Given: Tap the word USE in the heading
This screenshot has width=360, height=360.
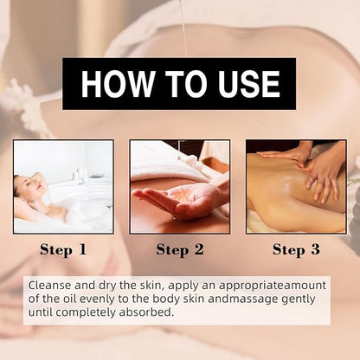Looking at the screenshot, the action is coord(249,83).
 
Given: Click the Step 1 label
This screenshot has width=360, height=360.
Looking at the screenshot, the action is coord(63,250).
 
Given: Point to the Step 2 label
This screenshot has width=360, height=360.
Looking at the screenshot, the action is coord(180,250).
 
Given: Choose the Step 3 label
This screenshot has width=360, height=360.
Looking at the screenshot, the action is coord(297,250).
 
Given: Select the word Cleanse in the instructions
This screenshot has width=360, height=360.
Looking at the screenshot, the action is coord(49,286).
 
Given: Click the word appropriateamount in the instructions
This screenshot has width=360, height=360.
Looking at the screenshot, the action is coord(273,286).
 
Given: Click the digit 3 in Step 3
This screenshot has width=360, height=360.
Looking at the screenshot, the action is coord(316,249).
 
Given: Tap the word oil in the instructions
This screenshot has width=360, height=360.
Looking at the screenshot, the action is coord(69,299).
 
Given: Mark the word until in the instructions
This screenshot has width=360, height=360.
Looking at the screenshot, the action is coord(41,312).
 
